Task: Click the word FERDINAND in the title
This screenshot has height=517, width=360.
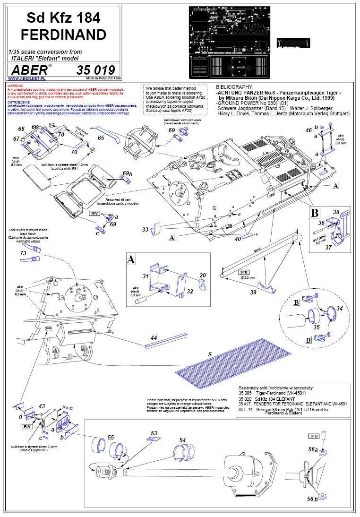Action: coord(63,34)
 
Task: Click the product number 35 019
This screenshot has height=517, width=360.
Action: coord(95,70)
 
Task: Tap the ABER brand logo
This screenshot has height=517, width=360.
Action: coord(30,70)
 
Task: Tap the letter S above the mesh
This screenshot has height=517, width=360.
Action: coord(210,353)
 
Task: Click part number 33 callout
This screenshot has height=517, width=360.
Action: coord(145,229)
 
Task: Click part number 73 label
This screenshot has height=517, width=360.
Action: coord(23,254)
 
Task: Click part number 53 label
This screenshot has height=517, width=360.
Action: coord(154,433)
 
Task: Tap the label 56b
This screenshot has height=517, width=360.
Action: coord(312,499)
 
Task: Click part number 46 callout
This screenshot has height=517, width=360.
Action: coord(309,129)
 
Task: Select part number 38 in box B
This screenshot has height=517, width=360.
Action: coord(336,212)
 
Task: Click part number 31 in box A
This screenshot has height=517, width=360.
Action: coord(146,276)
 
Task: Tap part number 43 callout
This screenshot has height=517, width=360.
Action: coord(42,406)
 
